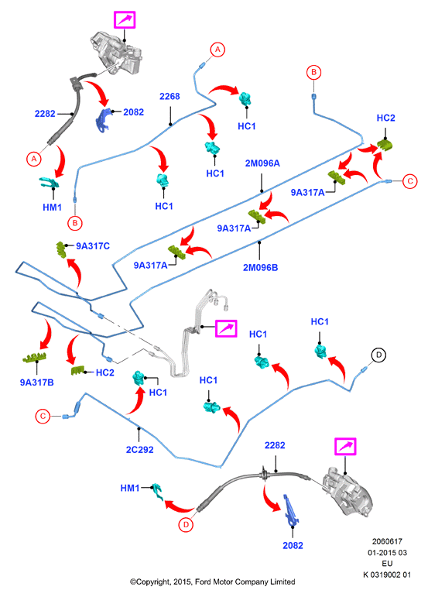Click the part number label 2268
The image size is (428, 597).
pyautogui.click(x=169, y=96)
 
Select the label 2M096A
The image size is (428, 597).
pyautogui.click(x=262, y=163)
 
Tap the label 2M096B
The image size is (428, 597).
pyautogui.click(x=260, y=268)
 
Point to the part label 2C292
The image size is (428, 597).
pyautogui.click(x=139, y=450)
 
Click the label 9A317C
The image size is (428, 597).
pyautogui.click(x=93, y=246)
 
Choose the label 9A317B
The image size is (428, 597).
pyautogui.click(x=37, y=383)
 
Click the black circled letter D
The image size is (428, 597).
pyautogui.click(x=378, y=355)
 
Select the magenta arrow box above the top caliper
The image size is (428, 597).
pyautogui.click(x=125, y=20)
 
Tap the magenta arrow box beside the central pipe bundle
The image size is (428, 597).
pyautogui.click(x=226, y=328)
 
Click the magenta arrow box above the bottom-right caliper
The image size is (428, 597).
pyautogui.click(x=345, y=446)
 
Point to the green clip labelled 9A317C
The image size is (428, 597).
pyautogui.click(x=61, y=250)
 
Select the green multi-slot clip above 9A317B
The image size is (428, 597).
pyautogui.click(x=34, y=358)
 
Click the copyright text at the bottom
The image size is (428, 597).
pyautogui.click(x=213, y=582)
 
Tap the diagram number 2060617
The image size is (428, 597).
pyautogui.click(x=387, y=541)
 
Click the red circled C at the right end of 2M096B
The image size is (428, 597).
pyautogui.click(x=409, y=181)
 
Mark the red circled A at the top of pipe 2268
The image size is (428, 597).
pyautogui.click(x=217, y=50)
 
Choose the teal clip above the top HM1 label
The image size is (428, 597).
pyautogui.click(x=50, y=183)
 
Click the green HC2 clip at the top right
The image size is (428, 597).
pyautogui.click(x=385, y=146)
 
